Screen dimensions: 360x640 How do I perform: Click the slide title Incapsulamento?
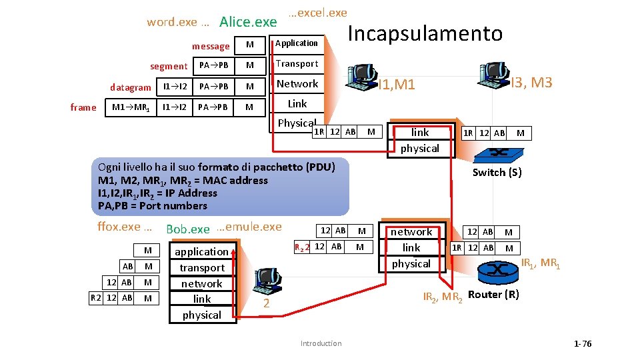[425, 33]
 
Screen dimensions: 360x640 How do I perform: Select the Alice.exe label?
[248, 22]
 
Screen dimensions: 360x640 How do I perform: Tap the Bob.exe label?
[188, 229]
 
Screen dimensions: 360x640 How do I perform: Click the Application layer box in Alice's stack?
[297, 43]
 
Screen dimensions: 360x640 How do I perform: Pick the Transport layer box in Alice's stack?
[297, 64]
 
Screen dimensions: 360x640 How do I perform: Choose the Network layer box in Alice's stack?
[297, 84]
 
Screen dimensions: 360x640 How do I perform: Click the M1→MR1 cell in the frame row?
[131, 107]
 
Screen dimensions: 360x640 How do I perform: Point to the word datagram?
[131, 87]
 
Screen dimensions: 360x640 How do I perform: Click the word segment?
[169, 67]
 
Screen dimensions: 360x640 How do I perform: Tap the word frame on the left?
[83, 107]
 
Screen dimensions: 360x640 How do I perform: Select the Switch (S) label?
[497, 173]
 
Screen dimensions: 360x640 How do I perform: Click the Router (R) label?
[493, 295]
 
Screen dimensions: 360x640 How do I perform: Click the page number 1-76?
[582, 344]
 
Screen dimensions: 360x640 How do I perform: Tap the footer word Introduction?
[321, 344]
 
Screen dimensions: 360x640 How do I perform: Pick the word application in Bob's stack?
[201, 251]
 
